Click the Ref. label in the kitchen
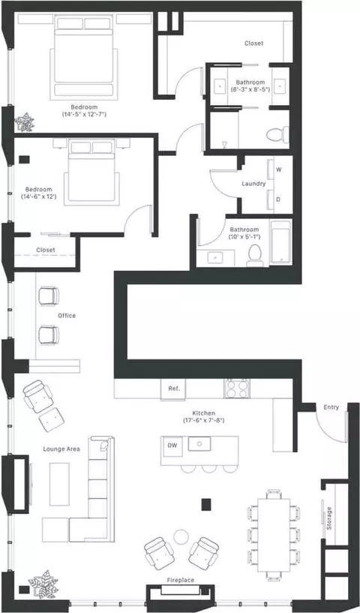click(x=174, y=389)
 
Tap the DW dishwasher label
click(x=172, y=445)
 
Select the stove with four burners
click(x=237, y=388)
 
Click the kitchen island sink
click(x=199, y=443)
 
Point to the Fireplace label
click(x=181, y=580)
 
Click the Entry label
click(x=331, y=407)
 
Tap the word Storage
click(x=329, y=518)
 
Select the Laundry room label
click(x=253, y=183)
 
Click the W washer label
click(x=279, y=170)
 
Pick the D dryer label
click(x=279, y=200)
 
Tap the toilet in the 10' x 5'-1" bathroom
click(x=255, y=256)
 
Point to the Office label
click(x=67, y=315)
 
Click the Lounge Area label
click(x=61, y=449)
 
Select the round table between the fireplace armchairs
click(x=181, y=536)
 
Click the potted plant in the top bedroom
click(x=24, y=122)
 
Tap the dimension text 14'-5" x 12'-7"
click(x=84, y=115)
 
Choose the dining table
click(x=274, y=535)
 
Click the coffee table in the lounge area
click(x=59, y=485)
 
